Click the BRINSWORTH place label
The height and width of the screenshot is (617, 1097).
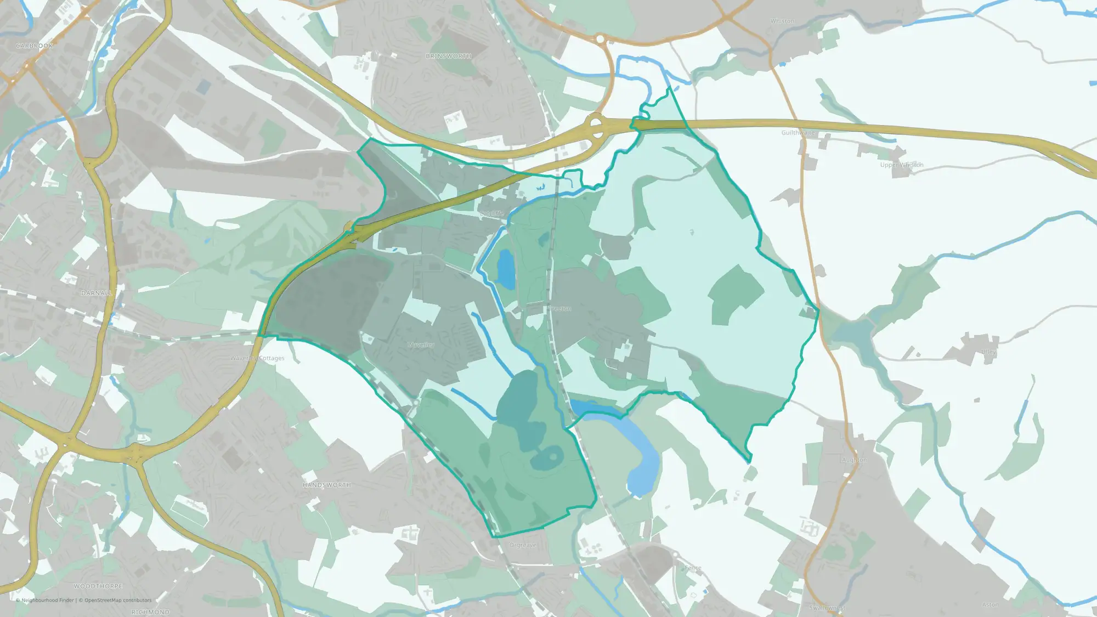448,56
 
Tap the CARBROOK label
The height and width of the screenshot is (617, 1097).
35,46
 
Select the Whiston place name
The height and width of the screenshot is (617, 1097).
782,21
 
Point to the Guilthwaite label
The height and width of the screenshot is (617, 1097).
798,133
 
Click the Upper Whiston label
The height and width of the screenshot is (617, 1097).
902,165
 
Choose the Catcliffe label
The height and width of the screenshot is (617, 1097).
491,213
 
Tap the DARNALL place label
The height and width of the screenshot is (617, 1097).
97,293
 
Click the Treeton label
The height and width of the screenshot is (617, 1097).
561,309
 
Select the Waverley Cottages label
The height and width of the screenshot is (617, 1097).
257,358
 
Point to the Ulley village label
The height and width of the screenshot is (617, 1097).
988,352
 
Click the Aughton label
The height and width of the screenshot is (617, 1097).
854,460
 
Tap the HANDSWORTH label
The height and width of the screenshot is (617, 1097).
327,485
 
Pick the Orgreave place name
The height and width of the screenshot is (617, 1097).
523,545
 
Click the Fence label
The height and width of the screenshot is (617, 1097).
693,568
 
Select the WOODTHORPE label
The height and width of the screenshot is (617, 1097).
98,586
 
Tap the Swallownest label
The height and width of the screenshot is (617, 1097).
827,608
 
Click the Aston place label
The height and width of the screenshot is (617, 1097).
990,605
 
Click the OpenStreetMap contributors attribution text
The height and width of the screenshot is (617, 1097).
118,600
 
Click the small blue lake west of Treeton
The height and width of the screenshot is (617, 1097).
506,269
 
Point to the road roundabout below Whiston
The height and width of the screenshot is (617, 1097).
600,39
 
